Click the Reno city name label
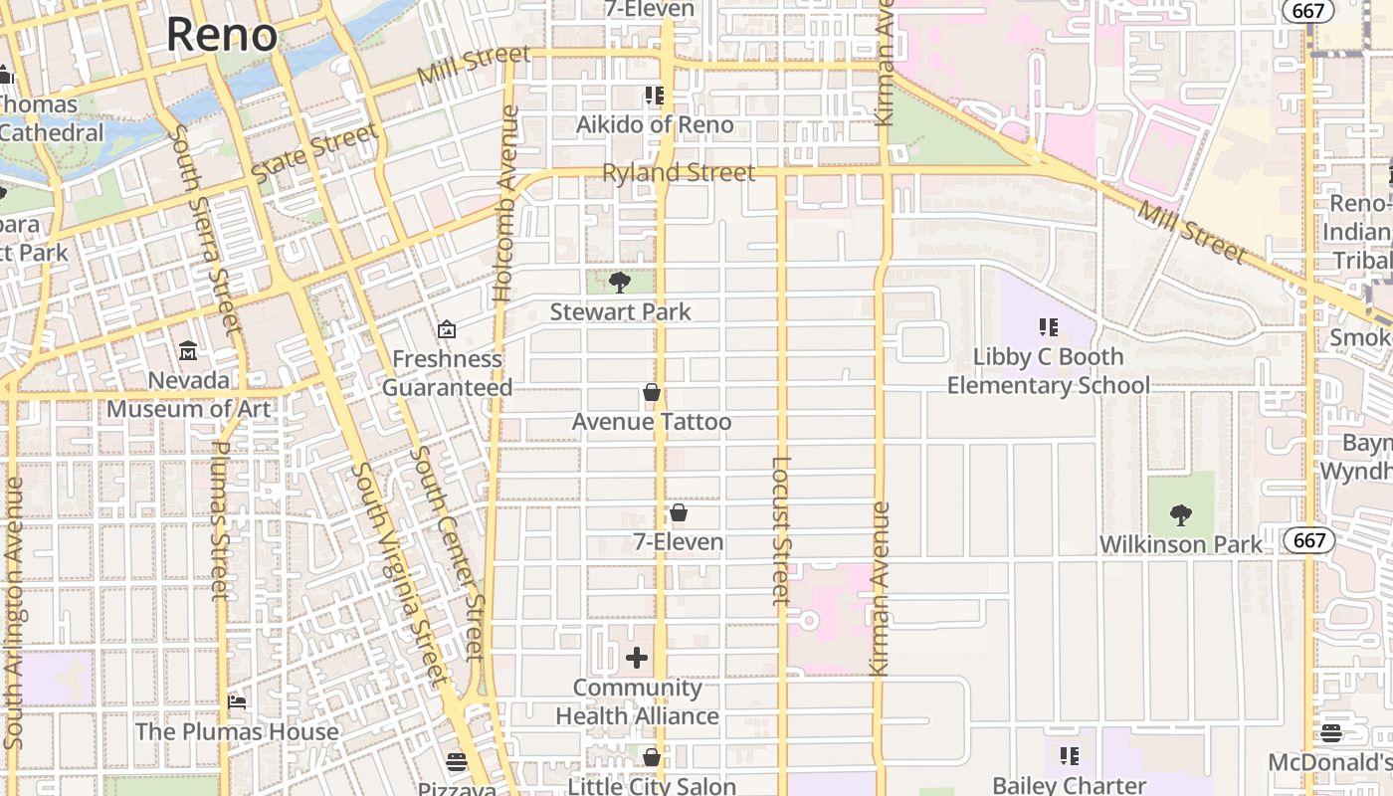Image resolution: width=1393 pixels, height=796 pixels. (x=221, y=34)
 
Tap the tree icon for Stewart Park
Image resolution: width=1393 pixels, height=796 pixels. (x=620, y=282)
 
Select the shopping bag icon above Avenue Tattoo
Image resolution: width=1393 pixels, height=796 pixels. (x=652, y=392)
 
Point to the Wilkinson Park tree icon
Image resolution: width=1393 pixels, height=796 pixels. (x=1181, y=514)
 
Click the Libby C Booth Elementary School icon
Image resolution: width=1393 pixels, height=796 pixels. (x=1048, y=326)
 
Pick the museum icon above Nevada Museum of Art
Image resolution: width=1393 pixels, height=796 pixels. (x=188, y=350)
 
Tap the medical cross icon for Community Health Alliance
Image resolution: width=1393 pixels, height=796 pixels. (x=637, y=658)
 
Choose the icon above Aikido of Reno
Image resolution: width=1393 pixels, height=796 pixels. (x=654, y=96)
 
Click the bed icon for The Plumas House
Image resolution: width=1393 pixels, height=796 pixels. (x=237, y=702)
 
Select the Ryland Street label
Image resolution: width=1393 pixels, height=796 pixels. (x=679, y=173)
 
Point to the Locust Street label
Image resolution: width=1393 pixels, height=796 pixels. (x=781, y=530)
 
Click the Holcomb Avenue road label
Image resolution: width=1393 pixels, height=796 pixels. (x=506, y=204)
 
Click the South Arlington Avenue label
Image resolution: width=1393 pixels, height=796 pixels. (x=14, y=613)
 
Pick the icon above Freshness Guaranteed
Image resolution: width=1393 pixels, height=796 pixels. (x=447, y=329)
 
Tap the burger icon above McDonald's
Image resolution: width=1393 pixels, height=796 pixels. (x=1331, y=733)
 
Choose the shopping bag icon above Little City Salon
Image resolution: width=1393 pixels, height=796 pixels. (x=652, y=758)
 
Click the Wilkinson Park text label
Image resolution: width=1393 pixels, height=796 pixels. (x=1181, y=544)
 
